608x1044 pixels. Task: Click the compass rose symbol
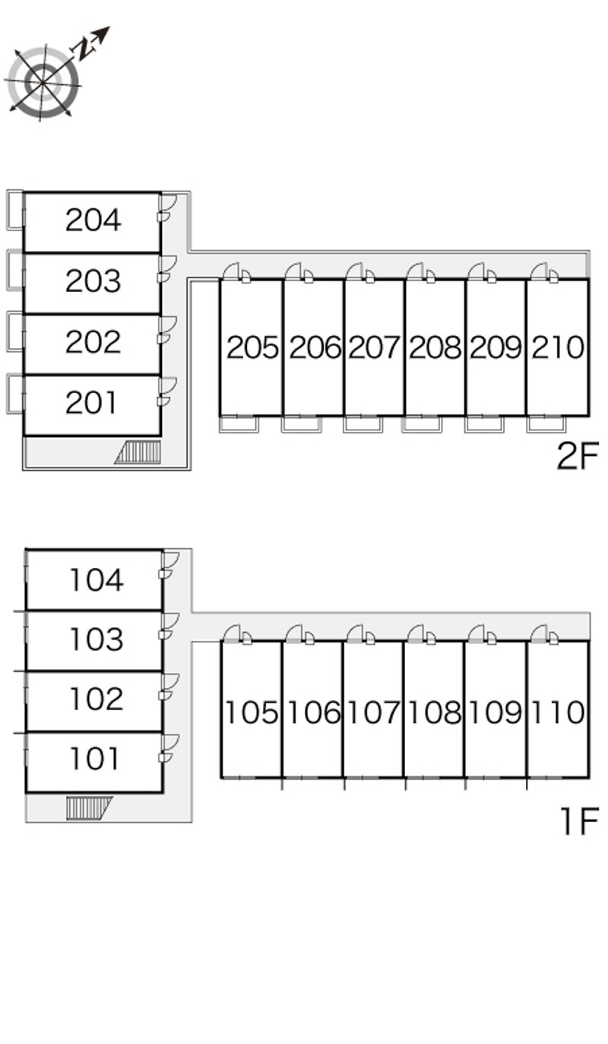(43, 80)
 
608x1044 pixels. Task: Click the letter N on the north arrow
(83, 49)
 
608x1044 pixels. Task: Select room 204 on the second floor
(93, 221)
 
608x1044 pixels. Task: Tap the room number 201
(93, 403)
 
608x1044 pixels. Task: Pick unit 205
(252, 348)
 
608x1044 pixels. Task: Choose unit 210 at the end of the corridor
(558, 348)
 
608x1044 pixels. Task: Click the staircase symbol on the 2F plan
(138, 452)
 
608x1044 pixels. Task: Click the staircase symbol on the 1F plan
(88, 807)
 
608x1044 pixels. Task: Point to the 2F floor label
(578, 456)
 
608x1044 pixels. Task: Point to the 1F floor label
(578, 821)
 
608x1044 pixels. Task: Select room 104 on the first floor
(96, 580)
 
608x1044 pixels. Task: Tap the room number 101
(96, 759)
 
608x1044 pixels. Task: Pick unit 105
(251, 713)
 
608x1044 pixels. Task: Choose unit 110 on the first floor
(558, 713)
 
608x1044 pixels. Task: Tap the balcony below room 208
(422, 424)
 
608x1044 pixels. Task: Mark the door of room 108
(417, 634)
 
